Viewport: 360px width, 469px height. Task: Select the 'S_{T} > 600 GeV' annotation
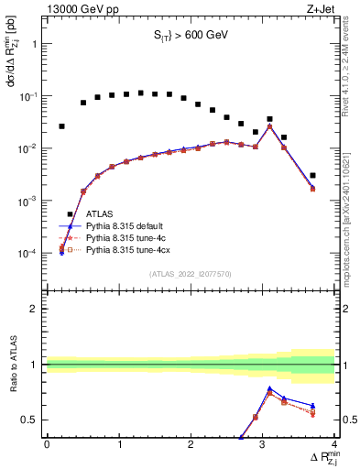pyautogui.click(x=190, y=36)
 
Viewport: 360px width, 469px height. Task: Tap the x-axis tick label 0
pyautogui.click(x=47, y=444)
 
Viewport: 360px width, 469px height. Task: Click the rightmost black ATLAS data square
pyautogui.click(x=312, y=175)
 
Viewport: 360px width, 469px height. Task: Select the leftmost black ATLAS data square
pyautogui.click(x=61, y=126)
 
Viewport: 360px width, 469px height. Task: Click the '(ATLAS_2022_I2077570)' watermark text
pyautogui.click(x=190, y=273)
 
